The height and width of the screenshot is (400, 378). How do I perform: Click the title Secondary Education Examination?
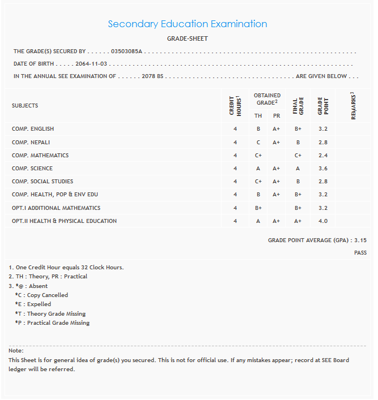187,24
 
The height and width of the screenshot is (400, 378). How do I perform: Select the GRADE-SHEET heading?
187,38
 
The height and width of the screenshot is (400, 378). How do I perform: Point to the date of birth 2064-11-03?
91,64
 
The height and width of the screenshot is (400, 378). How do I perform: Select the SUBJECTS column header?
25,106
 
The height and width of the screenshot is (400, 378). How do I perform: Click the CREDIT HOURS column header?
235,105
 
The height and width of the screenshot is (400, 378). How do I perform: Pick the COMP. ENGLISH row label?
33,129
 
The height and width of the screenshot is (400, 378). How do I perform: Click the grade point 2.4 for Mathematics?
323,156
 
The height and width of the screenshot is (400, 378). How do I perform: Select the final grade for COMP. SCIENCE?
298,169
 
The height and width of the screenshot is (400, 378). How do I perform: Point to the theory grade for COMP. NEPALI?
258,142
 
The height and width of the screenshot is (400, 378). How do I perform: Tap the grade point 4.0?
323,221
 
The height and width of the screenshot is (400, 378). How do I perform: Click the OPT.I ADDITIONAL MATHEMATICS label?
56,208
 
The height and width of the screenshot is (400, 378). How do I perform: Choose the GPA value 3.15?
360,240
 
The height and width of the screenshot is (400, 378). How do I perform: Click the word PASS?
360,253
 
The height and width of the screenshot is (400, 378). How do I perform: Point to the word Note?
16,351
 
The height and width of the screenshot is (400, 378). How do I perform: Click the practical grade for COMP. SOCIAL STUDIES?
277,182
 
